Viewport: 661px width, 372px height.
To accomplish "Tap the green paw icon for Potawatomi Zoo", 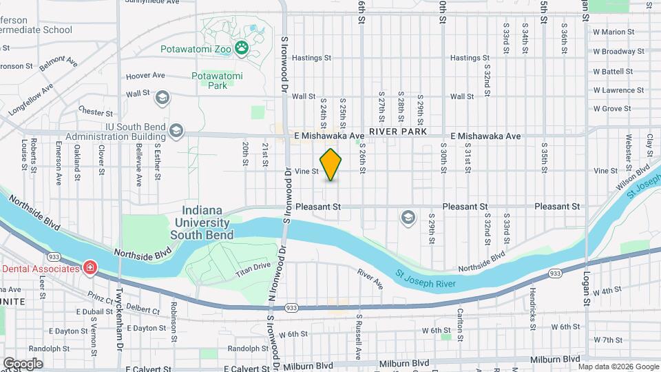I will click(x=242, y=48).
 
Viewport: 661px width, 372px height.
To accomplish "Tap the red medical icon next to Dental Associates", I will click(x=90, y=267).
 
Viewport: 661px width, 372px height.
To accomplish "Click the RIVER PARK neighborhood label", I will click(x=398, y=131).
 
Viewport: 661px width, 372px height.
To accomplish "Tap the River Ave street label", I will click(x=370, y=278).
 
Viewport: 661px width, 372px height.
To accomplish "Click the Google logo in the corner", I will click(x=23, y=363).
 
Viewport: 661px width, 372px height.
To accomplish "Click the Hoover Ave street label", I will click(x=145, y=76).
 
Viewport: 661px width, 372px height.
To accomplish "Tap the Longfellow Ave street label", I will click(x=31, y=99).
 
